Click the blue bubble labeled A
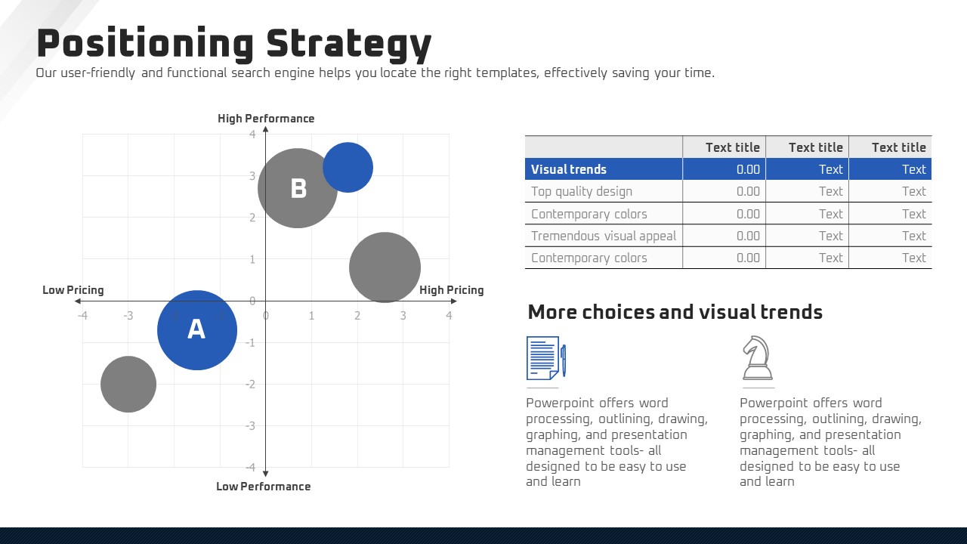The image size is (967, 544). [x=197, y=330]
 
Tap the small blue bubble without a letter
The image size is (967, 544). [x=348, y=168]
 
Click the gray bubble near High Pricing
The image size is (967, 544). [x=385, y=267]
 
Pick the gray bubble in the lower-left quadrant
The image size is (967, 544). [x=128, y=384]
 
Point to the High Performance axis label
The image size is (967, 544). [x=266, y=119]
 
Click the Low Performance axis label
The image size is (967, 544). [x=264, y=486]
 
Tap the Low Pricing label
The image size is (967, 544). [x=73, y=289]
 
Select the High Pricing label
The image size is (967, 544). [x=452, y=289]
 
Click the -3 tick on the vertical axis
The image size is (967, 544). [x=250, y=425]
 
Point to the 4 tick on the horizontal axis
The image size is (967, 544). [x=449, y=316]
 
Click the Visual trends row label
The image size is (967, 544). [x=569, y=169]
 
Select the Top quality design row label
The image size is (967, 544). [x=582, y=191]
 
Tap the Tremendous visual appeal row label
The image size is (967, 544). [x=604, y=236]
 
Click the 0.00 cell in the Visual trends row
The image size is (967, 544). [x=748, y=169]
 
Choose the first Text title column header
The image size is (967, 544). [x=733, y=147]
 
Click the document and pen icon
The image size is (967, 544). [x=546, y=358]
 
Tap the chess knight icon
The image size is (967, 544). [x=758, y=358]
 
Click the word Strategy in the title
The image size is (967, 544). [x=349, y=45]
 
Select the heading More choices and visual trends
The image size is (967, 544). [x=675, y=312]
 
